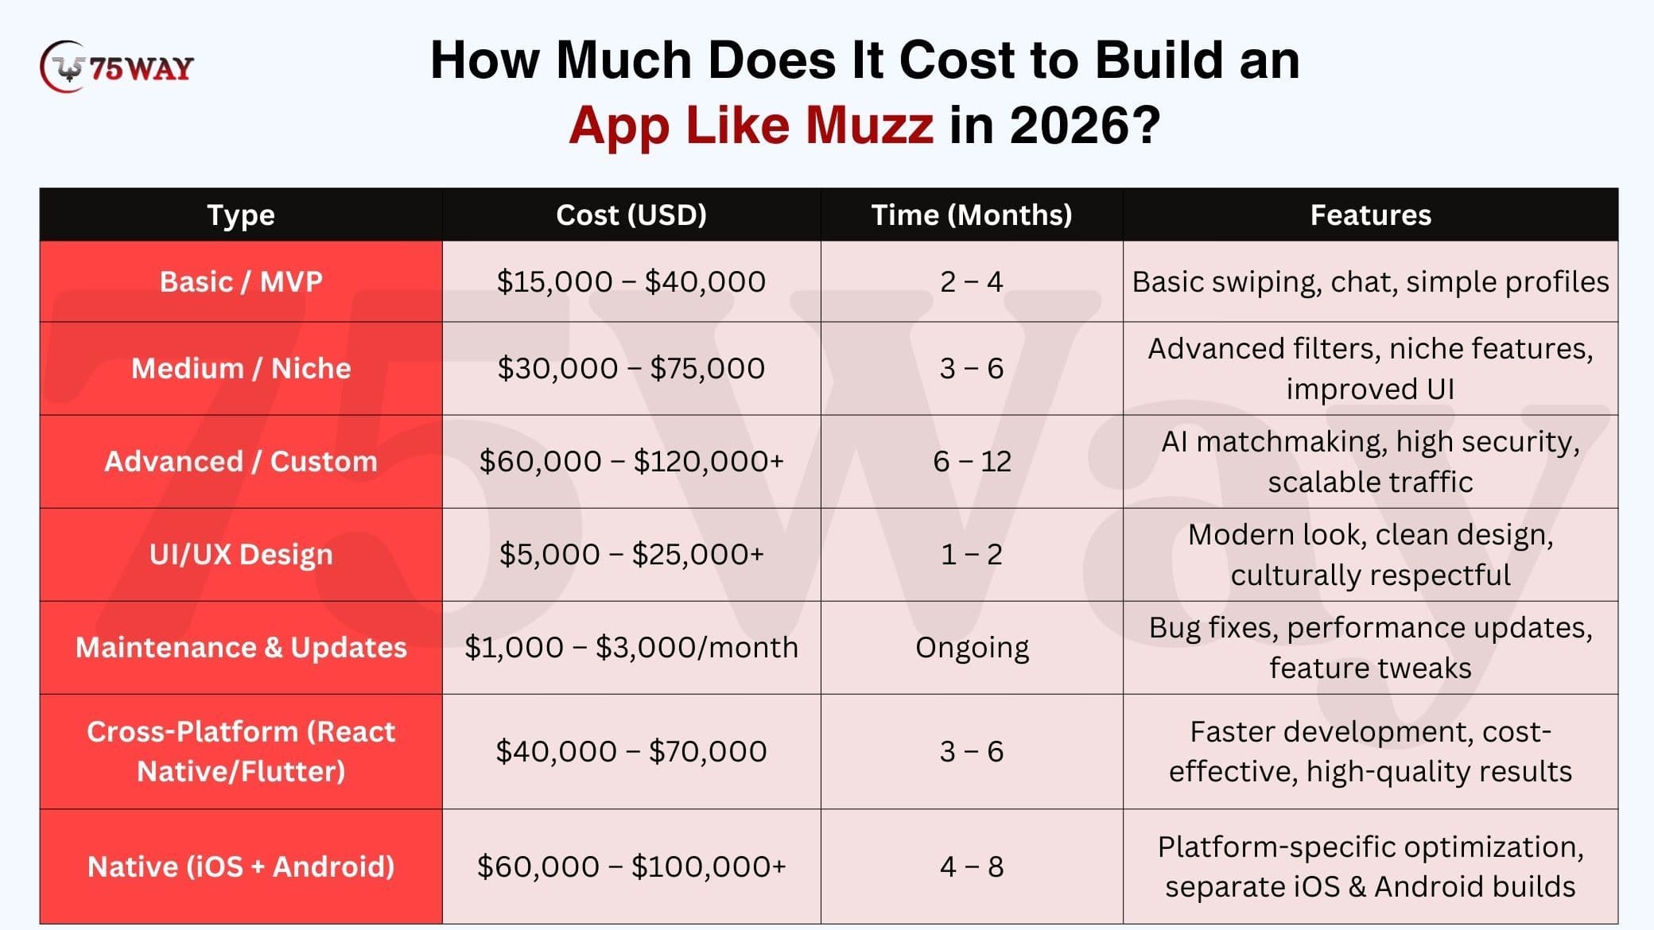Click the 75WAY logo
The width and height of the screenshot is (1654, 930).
[x=116, y=67]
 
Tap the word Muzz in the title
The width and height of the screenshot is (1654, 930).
[x=869, y=125]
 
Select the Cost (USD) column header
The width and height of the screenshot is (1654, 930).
[x=631, y=215]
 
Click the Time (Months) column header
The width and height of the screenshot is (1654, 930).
[x=972, y=215]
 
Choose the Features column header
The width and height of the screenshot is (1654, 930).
[x=1370, y=215]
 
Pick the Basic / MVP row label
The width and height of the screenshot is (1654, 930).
[x=241, y=281]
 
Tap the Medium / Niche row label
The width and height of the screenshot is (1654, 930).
[x=241, y=368]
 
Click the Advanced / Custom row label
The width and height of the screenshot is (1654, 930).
[x=241, y=461]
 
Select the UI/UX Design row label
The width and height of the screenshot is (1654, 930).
[x=241, y=554]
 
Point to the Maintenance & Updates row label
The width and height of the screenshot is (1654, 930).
[x=241, y=647]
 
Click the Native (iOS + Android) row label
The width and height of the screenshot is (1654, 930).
[x=241, y=866]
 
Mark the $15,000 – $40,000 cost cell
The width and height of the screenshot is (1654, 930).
[x=631, y=281]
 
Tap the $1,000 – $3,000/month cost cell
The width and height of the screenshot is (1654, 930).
[x=631, y=647]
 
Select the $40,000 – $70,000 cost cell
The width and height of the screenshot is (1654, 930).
[x=631, y=751]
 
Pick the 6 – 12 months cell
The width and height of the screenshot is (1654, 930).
[x=972, y=461]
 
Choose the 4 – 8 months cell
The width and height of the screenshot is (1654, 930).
[x=972, y=866]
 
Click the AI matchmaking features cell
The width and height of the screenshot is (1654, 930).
[x=1370, y=461]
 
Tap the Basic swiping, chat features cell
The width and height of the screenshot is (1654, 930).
[x=1370, y=282]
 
